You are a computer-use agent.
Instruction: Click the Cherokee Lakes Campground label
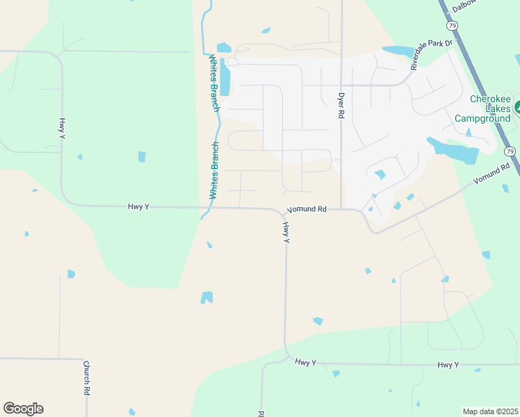(x=491, y=108)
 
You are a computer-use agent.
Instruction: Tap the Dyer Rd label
(x=341, y=105)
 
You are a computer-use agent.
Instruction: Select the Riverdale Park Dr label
(x=431, y=55)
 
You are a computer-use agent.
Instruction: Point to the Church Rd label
(x=87, y=377)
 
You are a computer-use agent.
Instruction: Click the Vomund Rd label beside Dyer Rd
(x=307, y=208)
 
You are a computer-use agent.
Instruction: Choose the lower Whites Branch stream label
(x=215, y=170)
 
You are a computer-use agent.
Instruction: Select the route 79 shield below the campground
(x=510, y=151)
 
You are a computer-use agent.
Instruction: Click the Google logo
(x=23, y=409)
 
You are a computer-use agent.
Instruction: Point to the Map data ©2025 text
(x=490, y=411)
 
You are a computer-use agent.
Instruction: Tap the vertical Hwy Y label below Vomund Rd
(x=286, y=232)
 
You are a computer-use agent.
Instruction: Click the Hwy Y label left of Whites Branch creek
(x=138, y=206)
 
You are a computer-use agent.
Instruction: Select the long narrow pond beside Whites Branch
(x=225, y=77)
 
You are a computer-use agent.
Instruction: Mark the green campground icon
(x=518, y=108)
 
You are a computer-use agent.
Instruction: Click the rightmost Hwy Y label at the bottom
(x=448, y=365)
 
